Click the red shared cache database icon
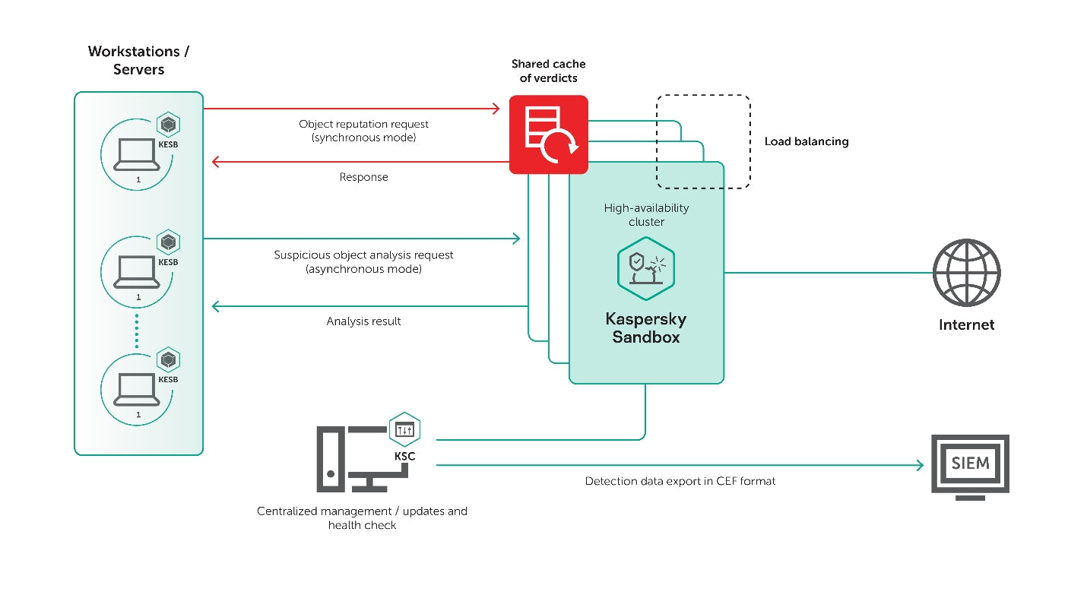click(x=548, y=134)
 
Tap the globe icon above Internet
click(x=966, y=273)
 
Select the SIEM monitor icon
click(x=970, y=466)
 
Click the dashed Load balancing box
click(x=703, y=141)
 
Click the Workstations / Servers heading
click(x=138, y=60)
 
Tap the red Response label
click(x=363, y=177)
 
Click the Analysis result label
click(x=363, y=321)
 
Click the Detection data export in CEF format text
click(x=680, y=481)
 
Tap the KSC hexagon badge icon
click(x=404, y=430)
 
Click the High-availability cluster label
click(x=646, y=214)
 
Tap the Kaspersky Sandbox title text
click(x=645, y=327)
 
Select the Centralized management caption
click(x=362, y=517)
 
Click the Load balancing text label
click(x=806, y=141)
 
